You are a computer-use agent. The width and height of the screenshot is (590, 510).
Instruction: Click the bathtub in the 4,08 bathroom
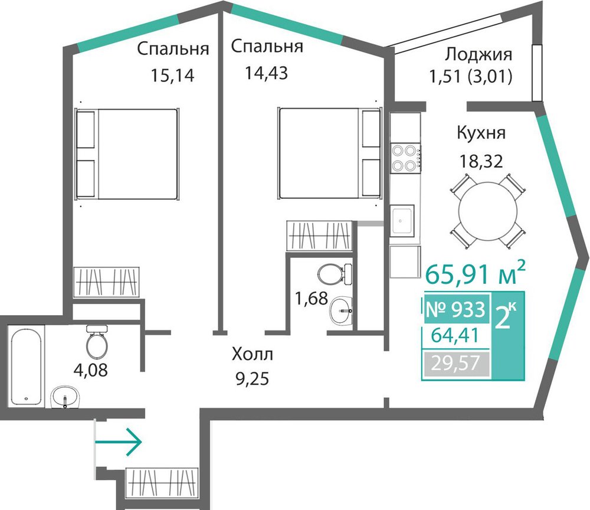[x=25, y=366]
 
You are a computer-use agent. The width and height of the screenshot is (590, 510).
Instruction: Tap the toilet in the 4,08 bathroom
[x=97, y=342]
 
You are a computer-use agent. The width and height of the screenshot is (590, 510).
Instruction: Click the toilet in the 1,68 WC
[x=335, y=274]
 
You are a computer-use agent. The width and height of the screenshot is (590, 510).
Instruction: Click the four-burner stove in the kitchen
[x=405, y=158]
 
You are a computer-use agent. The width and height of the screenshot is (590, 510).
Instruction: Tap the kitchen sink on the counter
[x=402, y=221]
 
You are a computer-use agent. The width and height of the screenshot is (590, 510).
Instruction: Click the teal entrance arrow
[x=118, y=442]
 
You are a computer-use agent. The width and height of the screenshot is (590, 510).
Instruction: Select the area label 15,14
[x=172, y=76]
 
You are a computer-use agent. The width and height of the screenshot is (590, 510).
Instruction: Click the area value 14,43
[x=267, y=73]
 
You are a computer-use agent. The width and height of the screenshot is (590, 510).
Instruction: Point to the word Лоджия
[x=478, y=55]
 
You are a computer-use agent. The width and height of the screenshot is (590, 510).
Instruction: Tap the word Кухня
[x=481, y=133]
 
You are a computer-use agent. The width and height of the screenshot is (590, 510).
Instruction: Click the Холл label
[x=253, y=355]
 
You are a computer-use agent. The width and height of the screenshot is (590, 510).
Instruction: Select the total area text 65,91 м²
[x=475, y=273]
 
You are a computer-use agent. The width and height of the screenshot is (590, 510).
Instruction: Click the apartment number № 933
[x=455, y=310]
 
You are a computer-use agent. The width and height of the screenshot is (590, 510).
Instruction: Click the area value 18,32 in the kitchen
[x=481, y=162]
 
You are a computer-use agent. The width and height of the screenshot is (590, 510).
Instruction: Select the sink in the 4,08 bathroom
[x=66, y=397]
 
